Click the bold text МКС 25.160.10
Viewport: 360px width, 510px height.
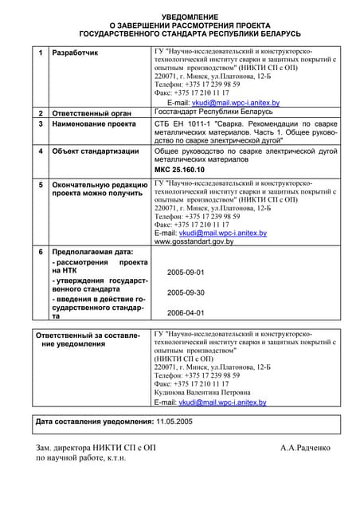click(179, 171)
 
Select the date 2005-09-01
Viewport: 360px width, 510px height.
click(186, 273)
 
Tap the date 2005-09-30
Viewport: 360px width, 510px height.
click(186, 292)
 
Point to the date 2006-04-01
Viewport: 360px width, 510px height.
click(186, 313)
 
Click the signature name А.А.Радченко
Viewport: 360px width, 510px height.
click(305, 448)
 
